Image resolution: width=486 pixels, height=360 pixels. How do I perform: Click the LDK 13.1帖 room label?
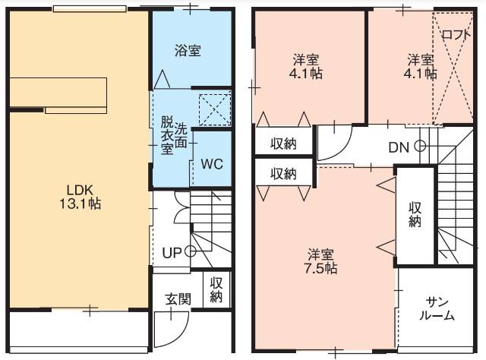80,197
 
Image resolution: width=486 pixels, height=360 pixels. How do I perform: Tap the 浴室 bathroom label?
188,51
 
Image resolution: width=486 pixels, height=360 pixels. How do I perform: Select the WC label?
212,164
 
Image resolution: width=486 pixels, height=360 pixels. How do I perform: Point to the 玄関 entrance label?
178,299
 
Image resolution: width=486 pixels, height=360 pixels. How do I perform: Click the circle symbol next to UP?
190,251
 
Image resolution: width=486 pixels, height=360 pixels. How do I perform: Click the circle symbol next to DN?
420,146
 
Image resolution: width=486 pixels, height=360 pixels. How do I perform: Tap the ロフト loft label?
456,34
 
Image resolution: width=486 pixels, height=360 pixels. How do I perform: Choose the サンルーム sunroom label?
437,308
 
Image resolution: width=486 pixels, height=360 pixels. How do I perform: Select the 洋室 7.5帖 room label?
320,261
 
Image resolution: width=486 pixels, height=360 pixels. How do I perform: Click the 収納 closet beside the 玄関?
216,289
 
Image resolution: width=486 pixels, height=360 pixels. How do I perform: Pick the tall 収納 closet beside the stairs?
415,216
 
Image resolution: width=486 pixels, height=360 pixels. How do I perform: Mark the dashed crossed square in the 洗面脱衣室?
214,109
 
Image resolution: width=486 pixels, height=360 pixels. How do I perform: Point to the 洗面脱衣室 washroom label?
174,136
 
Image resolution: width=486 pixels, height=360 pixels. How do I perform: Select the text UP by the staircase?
172,253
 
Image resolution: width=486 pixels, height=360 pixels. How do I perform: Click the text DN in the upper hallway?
399,147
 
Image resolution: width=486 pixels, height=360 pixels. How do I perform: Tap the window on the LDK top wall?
90,8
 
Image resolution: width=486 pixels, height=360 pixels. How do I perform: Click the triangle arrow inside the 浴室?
162,79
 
